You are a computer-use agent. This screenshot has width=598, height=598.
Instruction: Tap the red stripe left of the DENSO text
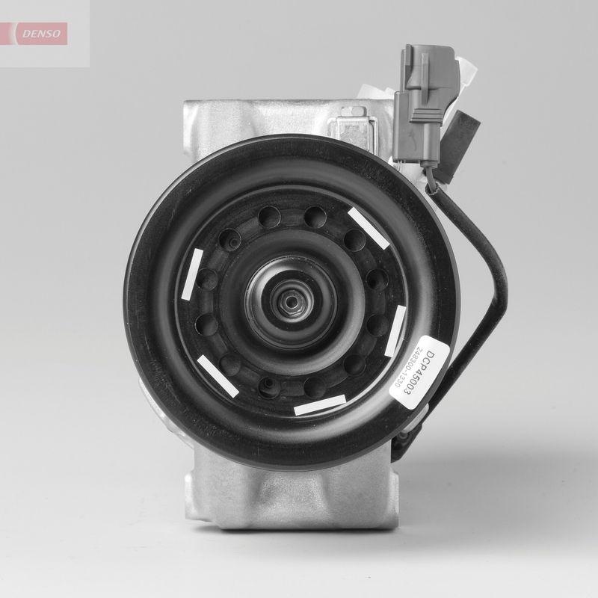(x=13, y=33)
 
